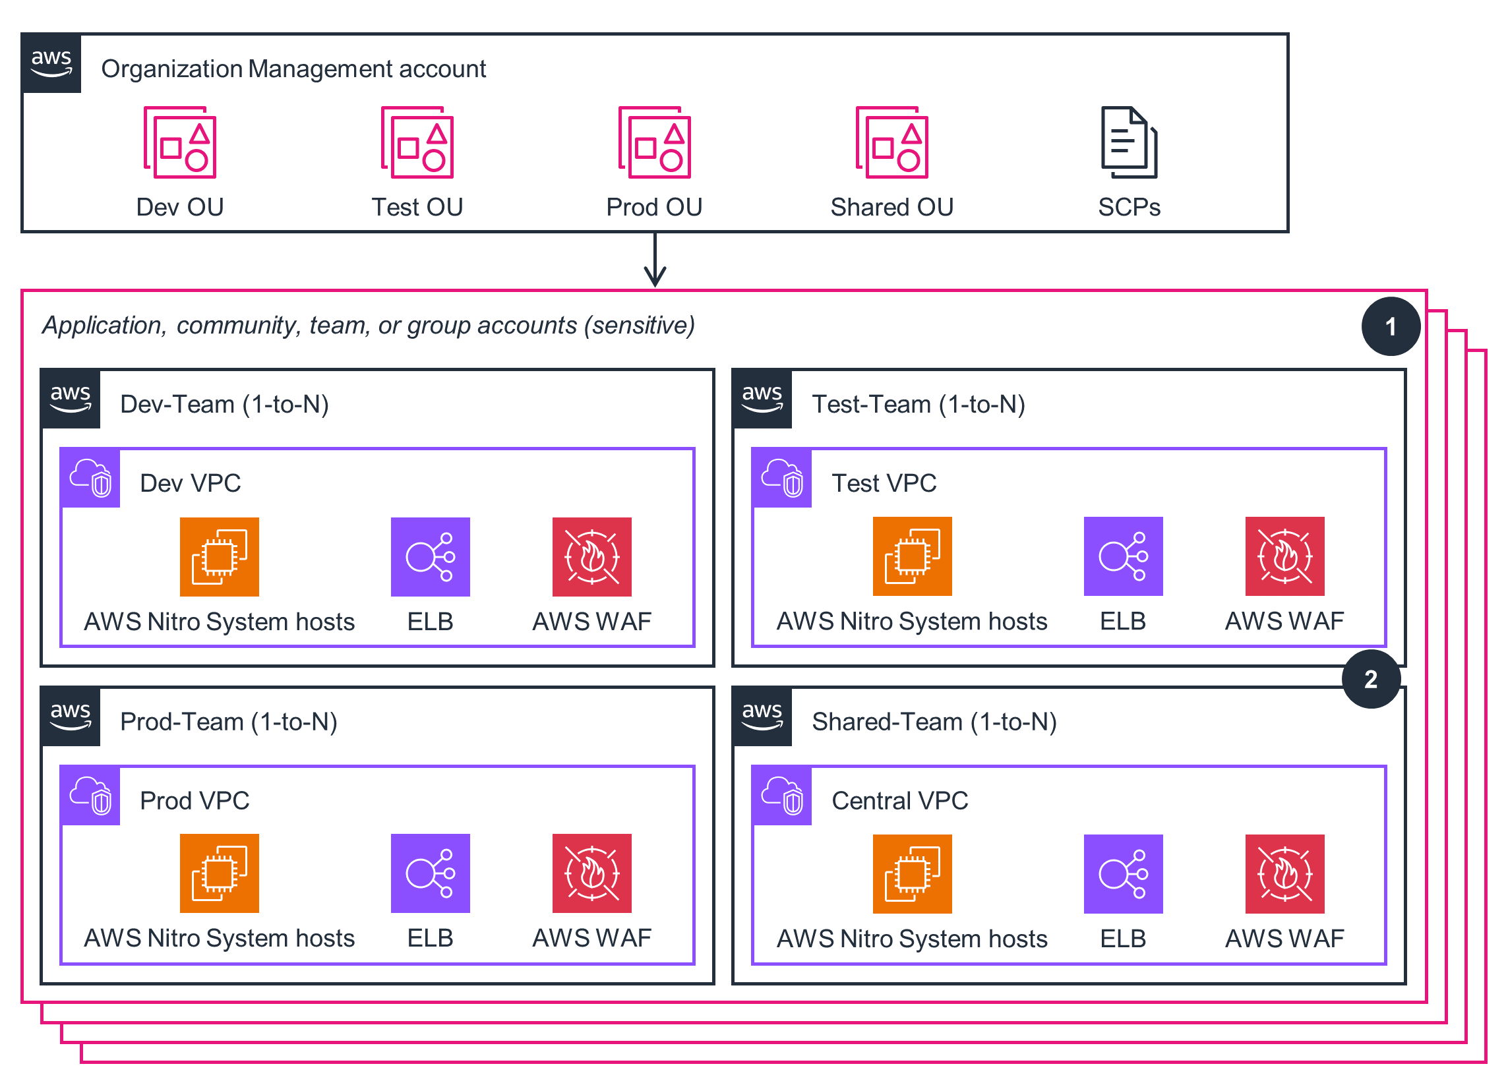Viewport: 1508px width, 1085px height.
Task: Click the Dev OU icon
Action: pyautogui.click(x=179, y=142)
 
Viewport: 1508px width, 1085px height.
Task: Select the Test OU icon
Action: pyautogui.click(x=417, y=142)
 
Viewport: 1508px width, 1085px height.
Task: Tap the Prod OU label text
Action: pyautogui.click(x=654, y=208)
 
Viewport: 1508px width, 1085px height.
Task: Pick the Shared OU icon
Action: pyautogui.click(x=891, y=142)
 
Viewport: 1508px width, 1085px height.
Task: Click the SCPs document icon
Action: pyautogui.click(x=1129, y=142)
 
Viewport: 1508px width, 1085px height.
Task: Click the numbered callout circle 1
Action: pyautogui.click(x=1391, y=326)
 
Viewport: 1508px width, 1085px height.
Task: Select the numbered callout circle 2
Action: pyautogui.click(x=1371, y=679)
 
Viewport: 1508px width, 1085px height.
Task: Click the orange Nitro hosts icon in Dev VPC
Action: pyautogui.click(x=220, y=557)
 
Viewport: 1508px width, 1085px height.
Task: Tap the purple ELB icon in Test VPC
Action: pyautogui.click(x=1123, y=556)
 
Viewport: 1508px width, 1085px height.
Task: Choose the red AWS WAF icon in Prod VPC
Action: pyautogui.click(x=591, y=873)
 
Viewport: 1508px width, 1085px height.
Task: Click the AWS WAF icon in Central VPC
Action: pyautogui.click(x=1284, y=874)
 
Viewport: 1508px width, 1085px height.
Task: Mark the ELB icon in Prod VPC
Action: pyautogui.click(x=430, y=873)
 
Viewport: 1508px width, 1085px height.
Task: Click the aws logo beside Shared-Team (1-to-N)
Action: pyautogui.click(x=762, y=717)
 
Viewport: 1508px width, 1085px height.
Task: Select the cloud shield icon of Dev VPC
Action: pyautogui.click(x=91, y=478)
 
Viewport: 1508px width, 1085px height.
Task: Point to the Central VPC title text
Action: pyautogui.click(x=899, y=801)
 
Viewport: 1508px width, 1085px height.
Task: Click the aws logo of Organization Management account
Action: pyautogui.click(x=51, y=63)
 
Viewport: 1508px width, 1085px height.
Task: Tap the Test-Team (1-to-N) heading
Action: pyautogui.click(x=919, y=404)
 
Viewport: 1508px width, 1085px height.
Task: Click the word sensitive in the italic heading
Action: pyautogui.click(x=640, y=326)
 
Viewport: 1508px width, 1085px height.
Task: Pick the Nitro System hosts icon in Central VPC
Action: pyautogui.click(x=912, y=874)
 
